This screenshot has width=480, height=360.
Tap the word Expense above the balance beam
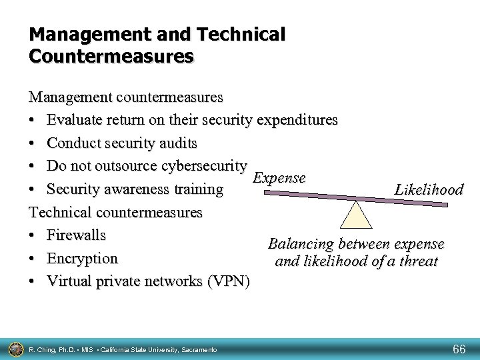[x=280, y=178]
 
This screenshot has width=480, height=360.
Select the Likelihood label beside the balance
[x=429, y=190]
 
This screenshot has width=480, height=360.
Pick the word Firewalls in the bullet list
[x=77, y=235]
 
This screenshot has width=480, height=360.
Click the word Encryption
[x=83, y=258]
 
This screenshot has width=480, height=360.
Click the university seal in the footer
[x=15, y=348]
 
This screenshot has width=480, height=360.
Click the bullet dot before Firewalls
[x=33, y=236]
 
